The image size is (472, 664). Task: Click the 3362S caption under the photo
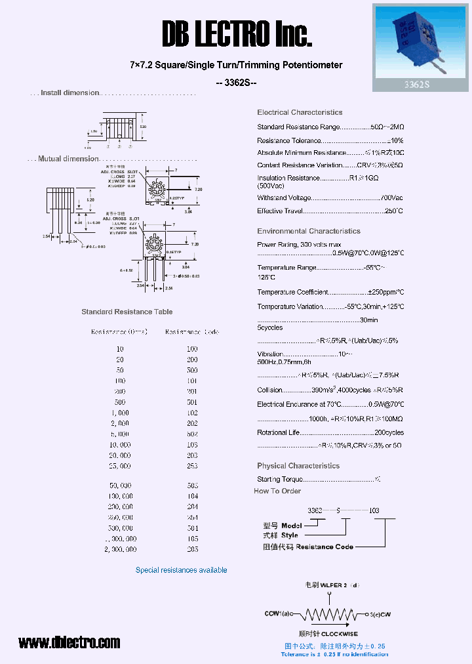point(421,84)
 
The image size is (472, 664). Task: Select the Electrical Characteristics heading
point(300,113)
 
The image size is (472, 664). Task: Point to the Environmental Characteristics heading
point(309,231)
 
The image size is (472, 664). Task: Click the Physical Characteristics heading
point(298,466)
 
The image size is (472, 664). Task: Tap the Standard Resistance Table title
point(127,312)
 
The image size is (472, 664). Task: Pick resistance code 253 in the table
point(192,466)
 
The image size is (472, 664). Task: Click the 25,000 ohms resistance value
point(119,466)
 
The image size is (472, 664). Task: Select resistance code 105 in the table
point(192,539)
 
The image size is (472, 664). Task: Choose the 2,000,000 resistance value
point(120,549)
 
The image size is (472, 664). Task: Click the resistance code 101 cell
point(192,381)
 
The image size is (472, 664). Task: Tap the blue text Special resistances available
point(181,570)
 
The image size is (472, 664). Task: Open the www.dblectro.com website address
point(69,642)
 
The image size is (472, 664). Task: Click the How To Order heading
point(277,491)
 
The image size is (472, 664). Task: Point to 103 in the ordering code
point(373,510)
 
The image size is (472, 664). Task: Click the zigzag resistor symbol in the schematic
point(328,615)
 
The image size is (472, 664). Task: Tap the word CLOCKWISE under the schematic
point(340,634)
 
